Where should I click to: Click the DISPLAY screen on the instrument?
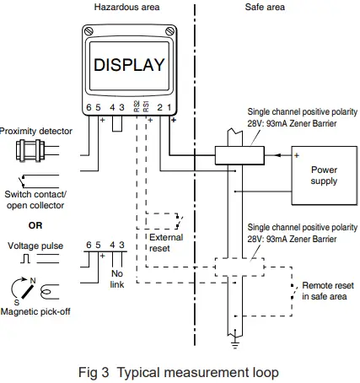point(129,65)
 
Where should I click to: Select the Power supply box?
point(324,175)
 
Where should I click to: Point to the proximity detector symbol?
point(32,152)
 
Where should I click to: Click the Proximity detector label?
point(36,131)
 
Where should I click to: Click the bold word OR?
point(35,225)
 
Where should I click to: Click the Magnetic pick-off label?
point(36,312)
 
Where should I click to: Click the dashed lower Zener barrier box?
point(239,267)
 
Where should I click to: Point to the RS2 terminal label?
point(136,105)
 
